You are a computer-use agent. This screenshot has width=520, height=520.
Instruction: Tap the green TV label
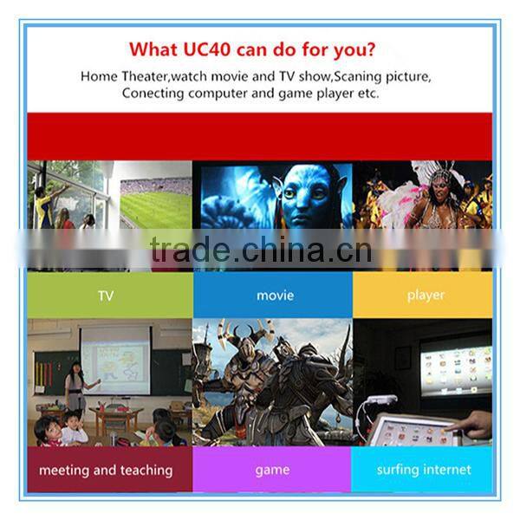click(x=106, y=296)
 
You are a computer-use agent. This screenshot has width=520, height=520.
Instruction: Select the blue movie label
click(x=275, y=296)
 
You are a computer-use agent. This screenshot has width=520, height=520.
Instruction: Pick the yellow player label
click(x=426, y=296)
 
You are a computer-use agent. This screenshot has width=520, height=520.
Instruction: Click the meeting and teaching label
click(x=106, y=470)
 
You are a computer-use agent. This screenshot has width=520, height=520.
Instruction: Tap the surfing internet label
click(x=424, y=470)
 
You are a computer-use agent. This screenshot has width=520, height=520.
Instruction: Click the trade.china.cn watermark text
click(x=260, y=250)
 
